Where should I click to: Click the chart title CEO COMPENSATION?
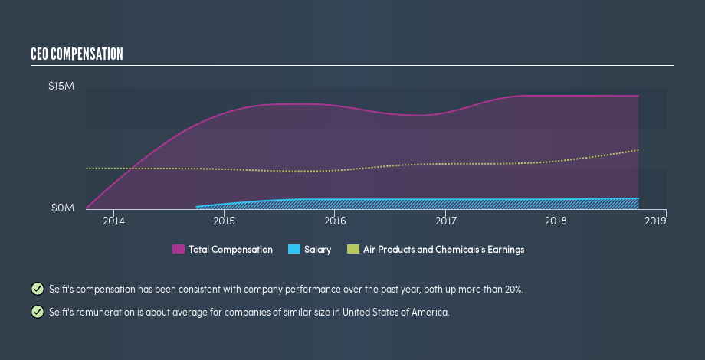coord(76,54)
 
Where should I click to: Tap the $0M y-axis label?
coord(62,208)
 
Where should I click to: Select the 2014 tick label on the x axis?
coord(113,221)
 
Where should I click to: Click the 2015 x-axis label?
coord(224,221)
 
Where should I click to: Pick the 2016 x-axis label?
coord(335,221)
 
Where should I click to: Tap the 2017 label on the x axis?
coord(445,221)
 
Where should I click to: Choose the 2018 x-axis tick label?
coord(556,221)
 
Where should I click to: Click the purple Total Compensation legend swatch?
coord(179,250)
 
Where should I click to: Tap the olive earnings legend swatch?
coord(353,250)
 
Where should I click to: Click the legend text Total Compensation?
coord(231,250)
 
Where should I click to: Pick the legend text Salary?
coord(318,250)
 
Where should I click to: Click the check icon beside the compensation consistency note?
coord(37,289)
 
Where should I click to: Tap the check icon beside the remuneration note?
coord(37,312)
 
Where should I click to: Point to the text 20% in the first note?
coord(513,290)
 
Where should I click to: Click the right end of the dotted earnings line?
coord(638,150)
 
